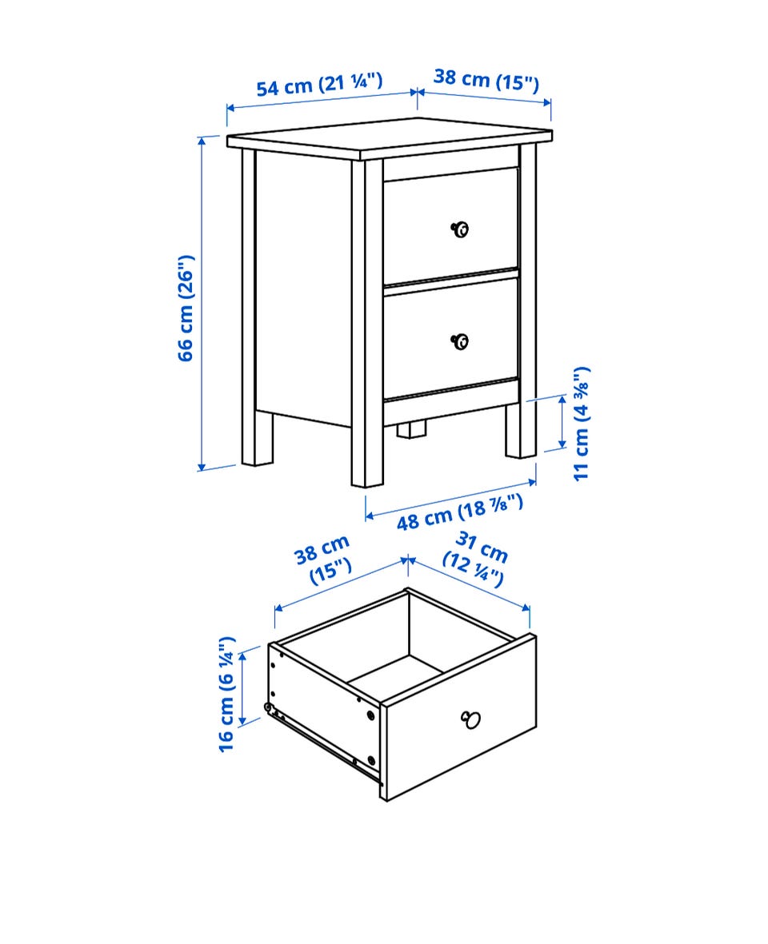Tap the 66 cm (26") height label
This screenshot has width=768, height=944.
pyautogui.click(x=186, y=308)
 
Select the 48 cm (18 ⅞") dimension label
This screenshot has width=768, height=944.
pyautogui.click(x=459, y=512)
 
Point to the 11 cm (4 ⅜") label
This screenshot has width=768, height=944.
pyautogui.click(x=582, y=423)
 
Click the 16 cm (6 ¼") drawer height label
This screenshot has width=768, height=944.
pyautogui.click(x=226, y=694)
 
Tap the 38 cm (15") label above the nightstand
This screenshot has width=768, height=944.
pyautogui.click(x=486, y=79)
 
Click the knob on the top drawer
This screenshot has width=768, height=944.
pyautogui.click(x=459, y=229)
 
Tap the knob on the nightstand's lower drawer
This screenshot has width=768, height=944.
pyautogui.click(x=459, y=341)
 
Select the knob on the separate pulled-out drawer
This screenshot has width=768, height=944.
pyautogui.click(x=470, y=719)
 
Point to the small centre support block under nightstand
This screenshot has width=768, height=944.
pyautogui.click(x=411, y=429)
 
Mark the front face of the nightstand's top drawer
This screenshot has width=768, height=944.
pyautogui.click(x=450, y=225)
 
